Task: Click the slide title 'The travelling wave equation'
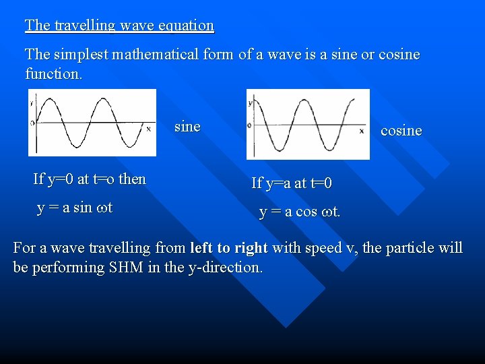click(x=119, y=26)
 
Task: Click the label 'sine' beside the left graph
click(x=187, y=127)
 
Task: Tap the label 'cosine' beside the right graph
click(x=401, y=131)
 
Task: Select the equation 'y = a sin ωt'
click(x=75, y=208)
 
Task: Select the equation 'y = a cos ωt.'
click(x=300, y=212)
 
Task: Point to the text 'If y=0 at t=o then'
click(x=90, y=179)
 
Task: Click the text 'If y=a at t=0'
click(x=292, y=183)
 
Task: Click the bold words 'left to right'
click(x=229, y=248)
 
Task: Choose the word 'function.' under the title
click(x=54, y=73)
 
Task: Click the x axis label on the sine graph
click(x=149, y=128)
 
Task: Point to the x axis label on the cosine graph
click(x=363, y=131)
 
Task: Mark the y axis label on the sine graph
click(x=32, y=102)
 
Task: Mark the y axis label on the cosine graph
click(x=250, y=103)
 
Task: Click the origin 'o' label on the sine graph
click(x=32, y=123)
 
